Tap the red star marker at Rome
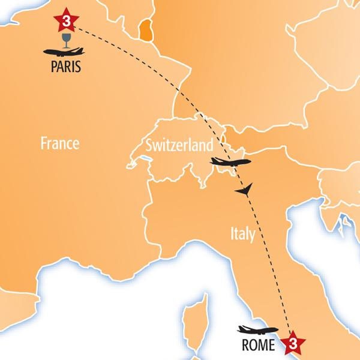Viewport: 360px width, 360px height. (x=291, y=343)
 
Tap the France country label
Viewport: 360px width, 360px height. (x=60, y=143)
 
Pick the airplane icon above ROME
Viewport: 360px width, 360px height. (x=258, y=329)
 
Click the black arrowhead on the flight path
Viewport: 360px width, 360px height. (x=243, y=191)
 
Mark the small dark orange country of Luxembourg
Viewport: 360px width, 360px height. (x=145, y=31)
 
